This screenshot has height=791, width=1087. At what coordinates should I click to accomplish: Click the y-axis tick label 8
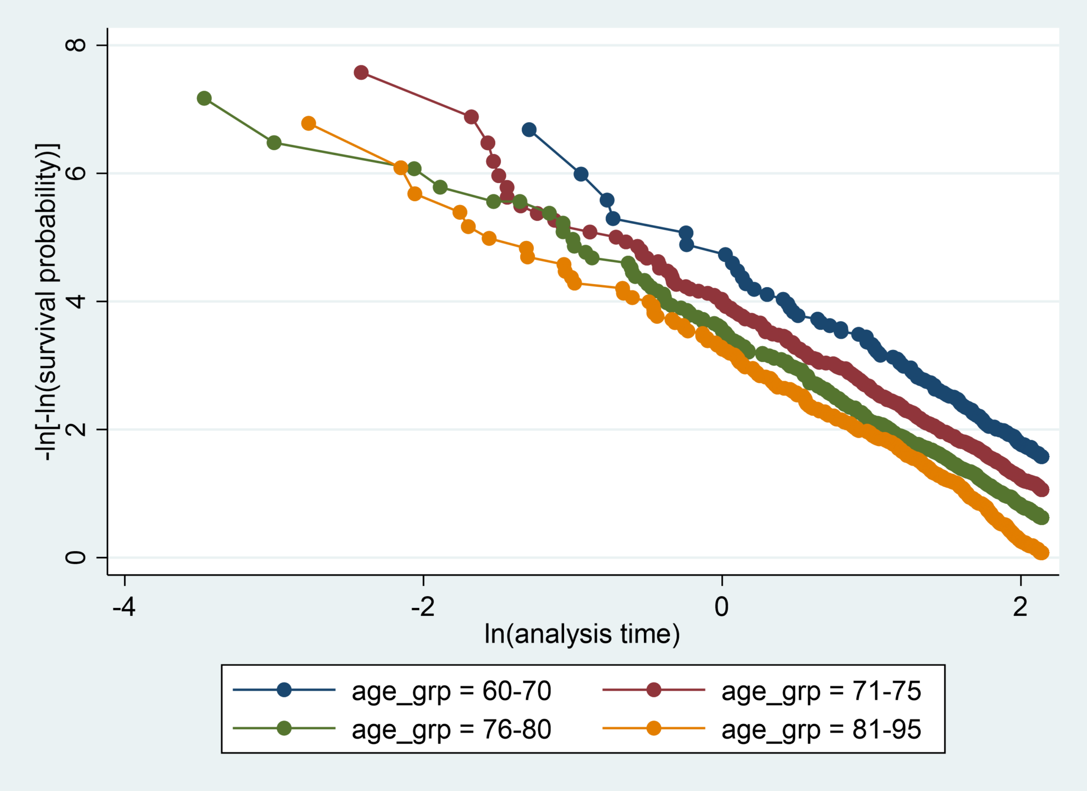[x=75, y=45]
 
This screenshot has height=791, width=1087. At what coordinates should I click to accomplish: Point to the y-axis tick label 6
[x=75, y=173]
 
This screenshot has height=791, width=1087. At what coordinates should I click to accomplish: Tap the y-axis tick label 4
[x=75, y=301]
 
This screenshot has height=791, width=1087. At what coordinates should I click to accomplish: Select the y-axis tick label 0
[x=75, y=557]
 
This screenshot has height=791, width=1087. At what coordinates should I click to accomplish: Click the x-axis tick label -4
[x=124, y=606]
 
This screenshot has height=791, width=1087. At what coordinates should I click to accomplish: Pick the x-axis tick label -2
[x=423, y=606]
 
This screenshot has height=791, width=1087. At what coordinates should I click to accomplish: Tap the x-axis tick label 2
[x=1020, y=606]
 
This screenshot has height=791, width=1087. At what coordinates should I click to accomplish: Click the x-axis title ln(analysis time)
[x=582, y=634]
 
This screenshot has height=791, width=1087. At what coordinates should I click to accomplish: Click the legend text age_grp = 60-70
[x=451, y=691]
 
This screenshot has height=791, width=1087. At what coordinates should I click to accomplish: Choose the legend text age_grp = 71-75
[x=821, y=691]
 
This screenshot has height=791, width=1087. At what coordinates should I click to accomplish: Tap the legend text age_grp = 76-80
[x=451, y=729]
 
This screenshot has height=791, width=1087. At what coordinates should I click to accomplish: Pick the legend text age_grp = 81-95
[x=821, y=729]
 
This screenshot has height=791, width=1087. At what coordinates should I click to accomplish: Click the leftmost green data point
[x=204, y=98]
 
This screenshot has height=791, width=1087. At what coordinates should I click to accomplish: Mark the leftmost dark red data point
[x=361, y=73]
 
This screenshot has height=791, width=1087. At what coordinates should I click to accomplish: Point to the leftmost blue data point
[x=529, y=130]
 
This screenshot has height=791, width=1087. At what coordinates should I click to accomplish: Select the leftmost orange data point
[x=308, y=124]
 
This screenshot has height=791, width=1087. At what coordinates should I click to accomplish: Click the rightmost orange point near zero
[x=1041, y=553]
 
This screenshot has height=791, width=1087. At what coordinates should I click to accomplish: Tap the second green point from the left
[x=274, y=143]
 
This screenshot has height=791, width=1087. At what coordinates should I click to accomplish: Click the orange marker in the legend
[x=654, y=728]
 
